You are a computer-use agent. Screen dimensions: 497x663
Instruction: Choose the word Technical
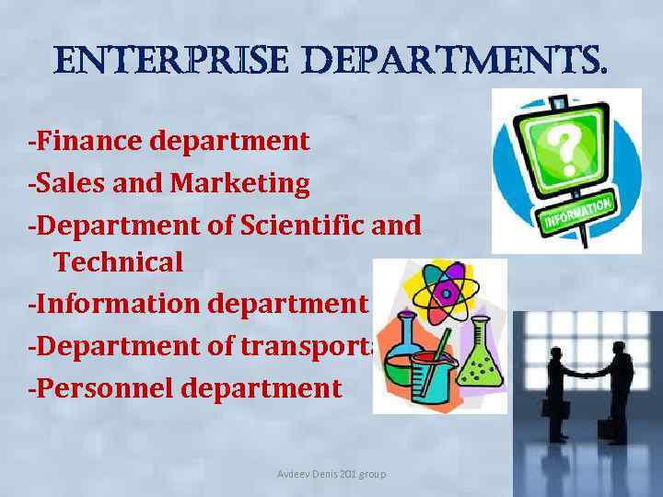119,262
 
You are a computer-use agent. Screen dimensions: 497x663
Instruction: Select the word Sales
66,183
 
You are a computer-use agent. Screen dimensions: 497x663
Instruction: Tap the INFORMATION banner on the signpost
578,214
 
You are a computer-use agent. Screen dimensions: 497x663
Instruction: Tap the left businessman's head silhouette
558,352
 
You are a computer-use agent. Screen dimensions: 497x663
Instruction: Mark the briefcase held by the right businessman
607,429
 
